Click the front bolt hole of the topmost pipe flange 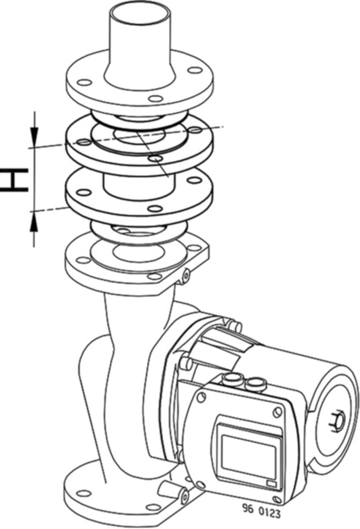coord(154,99)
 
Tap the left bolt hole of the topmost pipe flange coord(84,83)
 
